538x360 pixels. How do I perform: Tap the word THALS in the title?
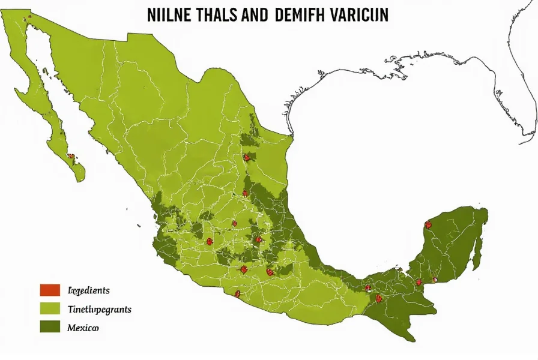pos(217,16)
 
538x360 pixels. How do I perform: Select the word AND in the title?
pos(255,16)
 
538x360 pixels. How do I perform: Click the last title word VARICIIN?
pos(358,16)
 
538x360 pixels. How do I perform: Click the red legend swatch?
pos(50,290)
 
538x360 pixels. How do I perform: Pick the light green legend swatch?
pos(50,309)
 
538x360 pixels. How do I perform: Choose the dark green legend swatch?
pos(50,327)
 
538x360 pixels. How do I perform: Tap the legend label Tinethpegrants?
pos(99,310)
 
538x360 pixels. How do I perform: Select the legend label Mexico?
pos(83,328)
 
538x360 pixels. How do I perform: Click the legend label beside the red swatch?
pos(89,291)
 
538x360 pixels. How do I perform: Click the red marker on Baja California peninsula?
pos(71,156)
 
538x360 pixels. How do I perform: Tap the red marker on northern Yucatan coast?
pos(428,225)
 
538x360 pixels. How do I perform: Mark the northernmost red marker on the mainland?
pos(247,157)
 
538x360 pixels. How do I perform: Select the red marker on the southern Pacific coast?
pos(238,294)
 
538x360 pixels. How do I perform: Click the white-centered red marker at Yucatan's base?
pos(435,280)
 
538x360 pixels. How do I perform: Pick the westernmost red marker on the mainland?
pos(209,241)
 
